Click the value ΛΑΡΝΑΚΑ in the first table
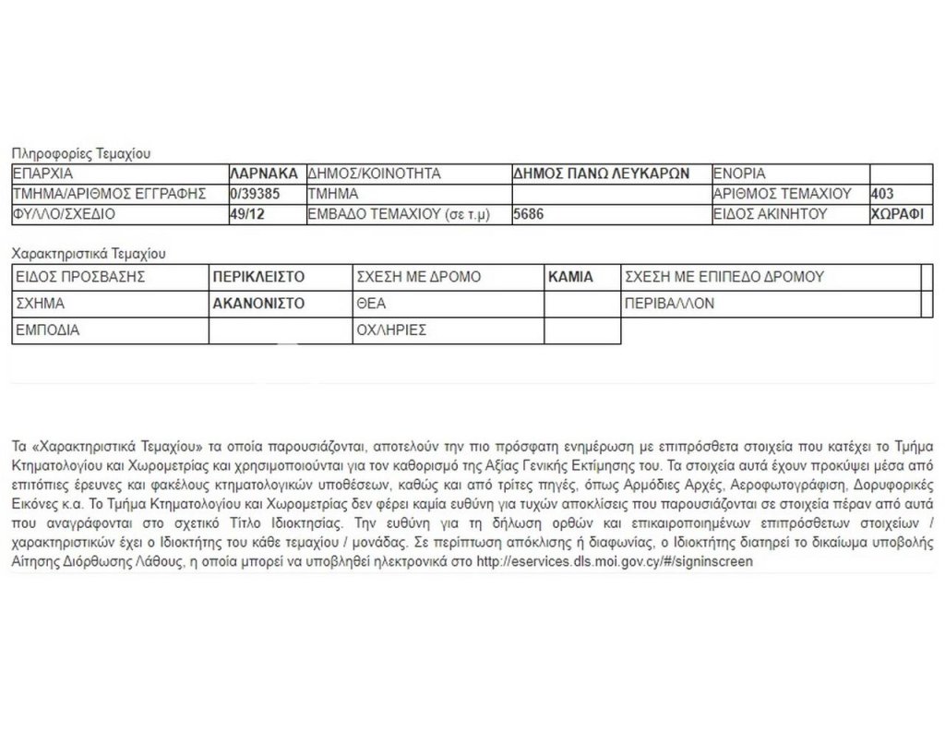[x=264, y=174]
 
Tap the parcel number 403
[x=883, y=194]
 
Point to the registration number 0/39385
[x=254, y=194]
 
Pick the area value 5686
[x=530, y=214]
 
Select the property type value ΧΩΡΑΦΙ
[x=897, y=214]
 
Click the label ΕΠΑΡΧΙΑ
[x=42, y=174]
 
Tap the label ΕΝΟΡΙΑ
[x=740, y=174]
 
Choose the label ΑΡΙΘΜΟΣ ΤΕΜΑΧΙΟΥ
[x=782, y=194]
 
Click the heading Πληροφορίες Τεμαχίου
[x=80, y=154]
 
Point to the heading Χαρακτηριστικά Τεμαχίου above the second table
[x=88, y=253]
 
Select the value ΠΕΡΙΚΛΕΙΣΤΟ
[x=258, y=277]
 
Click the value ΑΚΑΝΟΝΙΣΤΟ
[x=258, y=304]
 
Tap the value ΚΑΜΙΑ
[x=570, y=277]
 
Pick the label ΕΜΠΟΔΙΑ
[x=48, y=330]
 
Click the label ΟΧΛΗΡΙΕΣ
[x=390, y=330]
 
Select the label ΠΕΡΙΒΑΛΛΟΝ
[x=669, y=304]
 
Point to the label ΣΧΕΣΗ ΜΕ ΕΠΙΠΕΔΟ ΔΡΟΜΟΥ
[x=724, y=277]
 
